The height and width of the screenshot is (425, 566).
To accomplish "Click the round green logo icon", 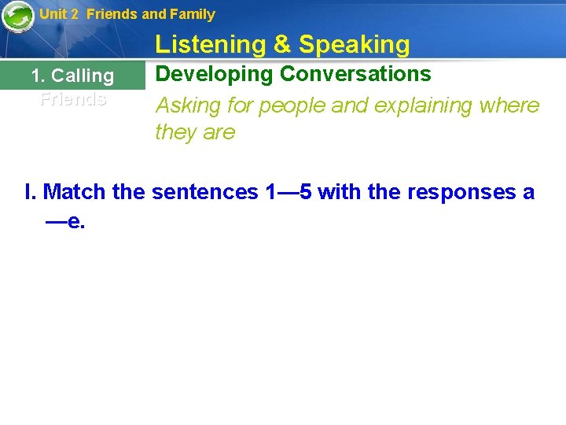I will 17,16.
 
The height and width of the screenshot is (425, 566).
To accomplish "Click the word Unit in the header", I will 53,13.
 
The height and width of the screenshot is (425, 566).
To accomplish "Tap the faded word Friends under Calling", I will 73,99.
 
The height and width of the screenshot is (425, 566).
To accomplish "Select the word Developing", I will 215,74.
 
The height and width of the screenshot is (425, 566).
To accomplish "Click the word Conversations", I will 355,74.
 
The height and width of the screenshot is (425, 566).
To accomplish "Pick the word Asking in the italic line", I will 189,105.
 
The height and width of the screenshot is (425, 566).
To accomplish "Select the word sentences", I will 205,191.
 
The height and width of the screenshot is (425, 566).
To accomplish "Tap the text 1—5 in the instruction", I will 289,191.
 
